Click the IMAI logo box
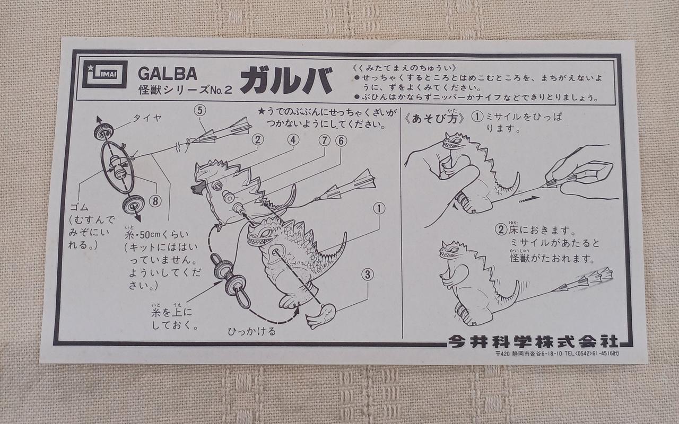[105, 75]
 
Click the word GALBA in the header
[168, 74]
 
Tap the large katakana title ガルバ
[286, 79]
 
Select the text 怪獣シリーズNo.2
[185, 90]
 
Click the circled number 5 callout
[200, 111]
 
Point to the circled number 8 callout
[155, 201]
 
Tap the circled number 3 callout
[368, 275]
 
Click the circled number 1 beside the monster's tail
[379, 208]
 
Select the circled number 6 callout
[341, 141]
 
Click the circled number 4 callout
[293, 140]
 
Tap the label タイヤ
[147, 118]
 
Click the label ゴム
[79, 207]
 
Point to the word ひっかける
[252, 331]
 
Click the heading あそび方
[434, 118]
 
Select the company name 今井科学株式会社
[533, 342]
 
